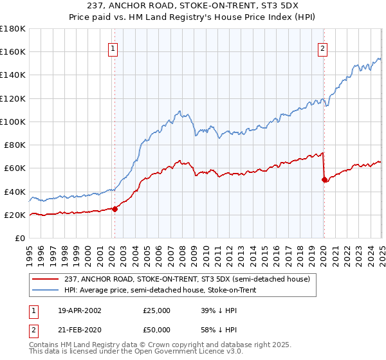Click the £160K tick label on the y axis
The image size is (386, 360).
click(x=13, y=51)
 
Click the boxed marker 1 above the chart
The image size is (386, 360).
click(x=113, y=48)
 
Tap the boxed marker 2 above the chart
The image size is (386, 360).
click(x=322, y=48)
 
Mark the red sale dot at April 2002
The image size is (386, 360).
click(x=115, y=209)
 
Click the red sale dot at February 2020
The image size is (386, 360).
click(x=324, y=180)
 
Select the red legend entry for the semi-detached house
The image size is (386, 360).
click(x=188, y=279)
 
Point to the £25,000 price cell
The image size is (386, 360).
click(x=157, y=310)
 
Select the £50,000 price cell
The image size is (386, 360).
click(x=157, y=328)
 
